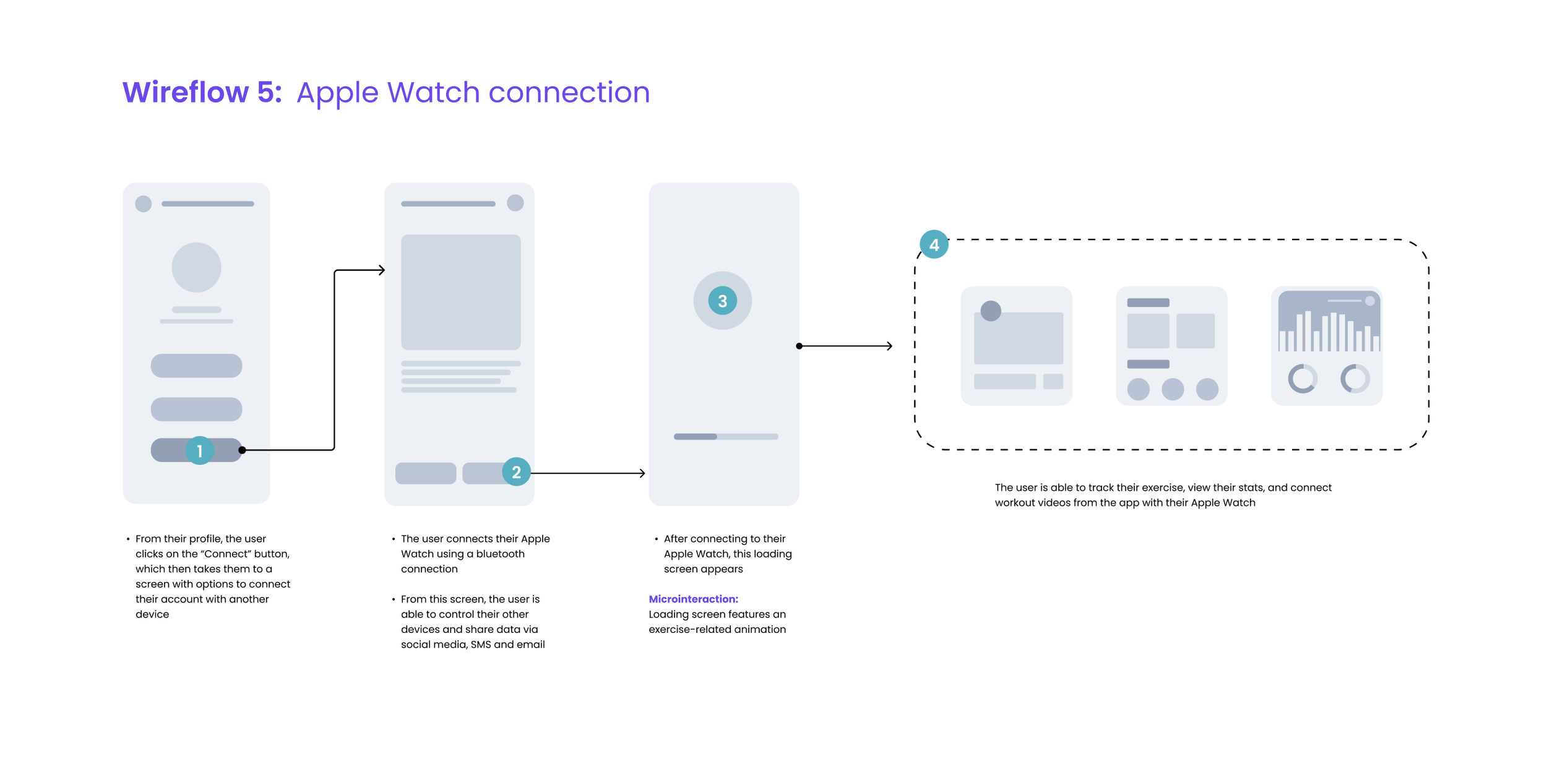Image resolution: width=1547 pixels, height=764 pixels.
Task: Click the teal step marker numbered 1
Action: pyautogui.click(x=199, y=450)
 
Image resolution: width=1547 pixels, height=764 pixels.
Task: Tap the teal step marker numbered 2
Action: pyautogui.click(x=516, y=472)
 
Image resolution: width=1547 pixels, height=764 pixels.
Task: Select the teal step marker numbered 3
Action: pyautogui.click(x=722, y=301)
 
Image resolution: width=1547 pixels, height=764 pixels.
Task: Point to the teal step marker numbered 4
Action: pyautogui.click(x=934, y=245)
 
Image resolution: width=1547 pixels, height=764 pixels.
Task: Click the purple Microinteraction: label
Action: pyautogui.click(x=693, y=599)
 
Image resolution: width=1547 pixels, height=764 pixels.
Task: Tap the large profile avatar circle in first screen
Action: pyautogui.click(x=196, y=267)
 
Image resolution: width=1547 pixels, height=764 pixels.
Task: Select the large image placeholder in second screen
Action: pyautogui.click(x=460, y=292)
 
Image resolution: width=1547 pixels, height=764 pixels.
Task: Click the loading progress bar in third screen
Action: pyautogui.click(x=725, y=437)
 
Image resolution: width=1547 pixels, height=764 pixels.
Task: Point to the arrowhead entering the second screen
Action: pyautogui.click(x=382, y=270)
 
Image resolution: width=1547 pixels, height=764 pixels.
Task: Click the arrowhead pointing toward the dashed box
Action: pyautogui.click(x=889, y=346)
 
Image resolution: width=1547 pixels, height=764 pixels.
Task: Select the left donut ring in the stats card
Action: pyautogui.click(x=1302, y=379)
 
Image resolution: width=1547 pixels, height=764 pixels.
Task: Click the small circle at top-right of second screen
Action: pyautogui.click(x=515, y=203)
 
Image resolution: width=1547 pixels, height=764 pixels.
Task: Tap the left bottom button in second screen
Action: pyautogui.click(x=426, y=473)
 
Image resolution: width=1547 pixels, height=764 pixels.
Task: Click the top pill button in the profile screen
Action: pyautogui.click(x=196, y=366)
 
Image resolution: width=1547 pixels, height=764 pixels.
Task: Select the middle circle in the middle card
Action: pyautogui.click(x=1172, y=389)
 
